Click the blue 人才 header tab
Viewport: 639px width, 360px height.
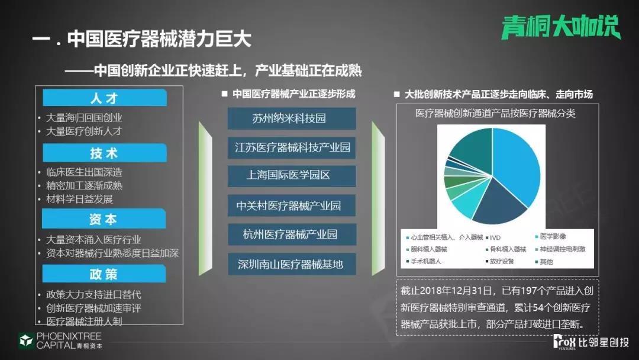(x=105, y=98)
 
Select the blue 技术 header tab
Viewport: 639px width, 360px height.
(x=105, y=153)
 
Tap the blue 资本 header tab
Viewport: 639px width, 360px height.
(x=104, y=219)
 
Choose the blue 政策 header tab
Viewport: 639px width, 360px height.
(x=104, y=274)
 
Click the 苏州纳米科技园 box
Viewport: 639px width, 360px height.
(x=291, y=118)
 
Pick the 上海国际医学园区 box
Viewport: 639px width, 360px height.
(x=291, y=176)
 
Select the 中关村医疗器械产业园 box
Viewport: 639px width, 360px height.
(x=291, y=205)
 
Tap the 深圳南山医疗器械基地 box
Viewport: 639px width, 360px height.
(x=292, y=263)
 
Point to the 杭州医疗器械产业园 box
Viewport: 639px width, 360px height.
(x=292, y=234)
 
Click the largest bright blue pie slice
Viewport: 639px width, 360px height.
(x=518, y=163)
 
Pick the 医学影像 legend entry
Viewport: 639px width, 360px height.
(x=551, y=236)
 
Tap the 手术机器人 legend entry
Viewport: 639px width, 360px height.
(x=424, y=261)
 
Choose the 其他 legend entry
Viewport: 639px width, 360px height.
(x=544, y=262)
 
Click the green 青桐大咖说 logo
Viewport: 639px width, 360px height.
(x=561, y=27)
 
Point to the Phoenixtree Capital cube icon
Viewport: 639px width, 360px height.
(x=26, y=340)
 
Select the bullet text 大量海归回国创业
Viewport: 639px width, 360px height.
(x=84, y=118)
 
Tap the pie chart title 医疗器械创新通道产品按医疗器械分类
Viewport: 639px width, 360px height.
(x=496, y=113)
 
